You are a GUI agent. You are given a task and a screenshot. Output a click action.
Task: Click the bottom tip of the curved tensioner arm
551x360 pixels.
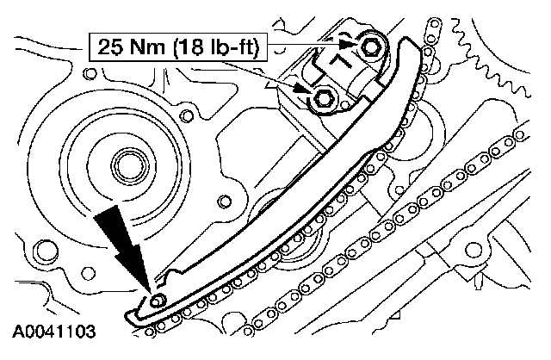click(x=131, y=313)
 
